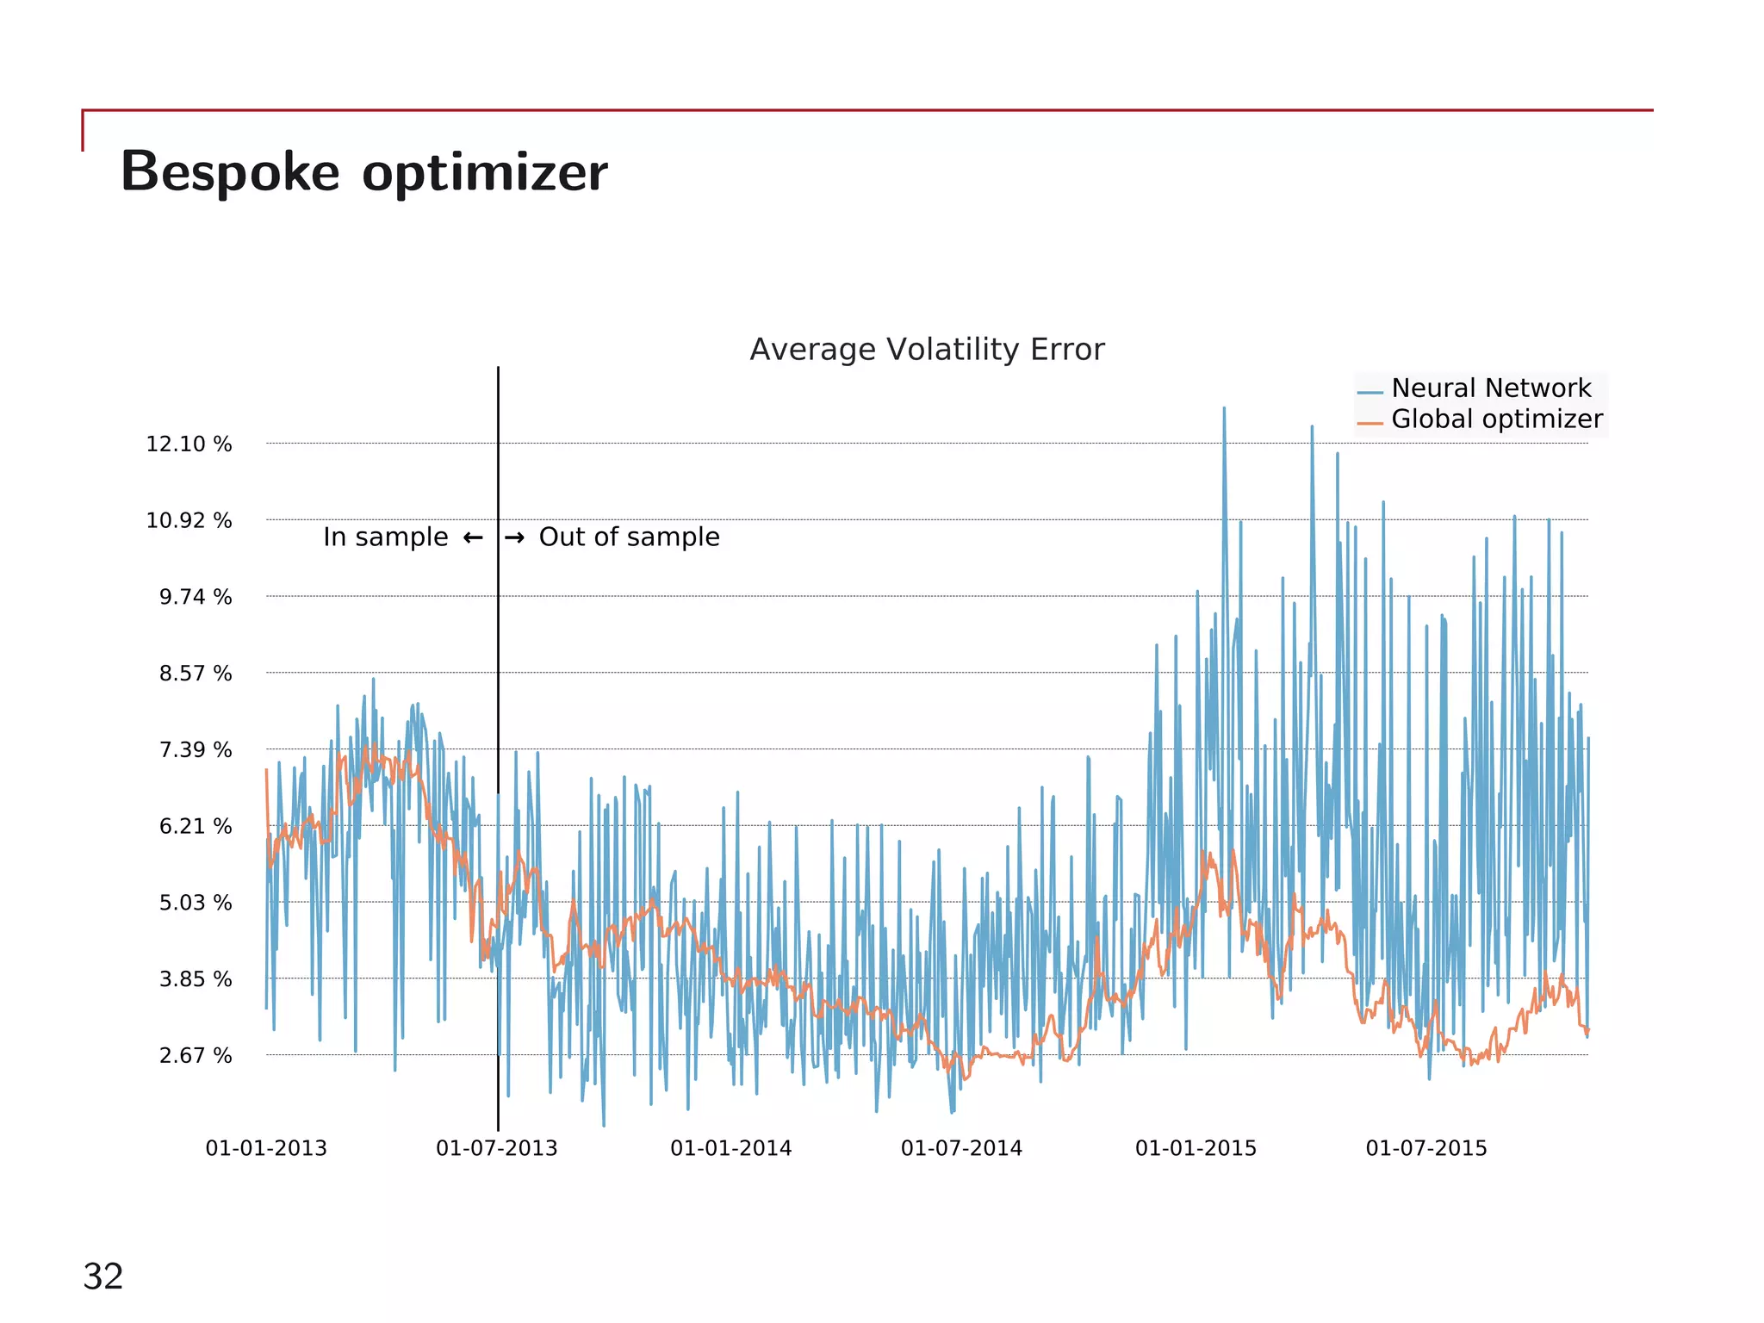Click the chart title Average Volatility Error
tap(927, 350)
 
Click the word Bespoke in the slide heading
tap(230, 171)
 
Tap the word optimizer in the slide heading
tap(485, 173)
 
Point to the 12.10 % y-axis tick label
tap(189, 444)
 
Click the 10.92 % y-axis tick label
tap(189, 520)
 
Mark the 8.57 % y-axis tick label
tap(195, 674)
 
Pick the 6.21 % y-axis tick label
tap(195, 827)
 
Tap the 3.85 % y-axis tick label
tap(195, 979)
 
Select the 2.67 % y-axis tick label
tap(195, 1056)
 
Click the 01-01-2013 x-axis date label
tap(266, 1148)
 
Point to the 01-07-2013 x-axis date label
tap(497, 1148)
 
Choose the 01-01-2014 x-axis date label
tap(730, 1148)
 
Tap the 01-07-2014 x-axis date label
tap(961, 1148)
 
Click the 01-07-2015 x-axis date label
tap(1426, 1148)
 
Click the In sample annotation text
tap(385, 537)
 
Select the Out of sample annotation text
tap(629, 537)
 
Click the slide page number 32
tap(102, 1276)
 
